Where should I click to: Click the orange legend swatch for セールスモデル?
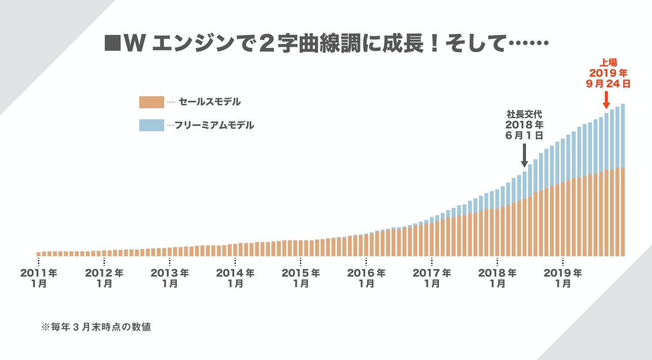tap(151, 102)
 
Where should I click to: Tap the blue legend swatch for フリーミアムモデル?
tap(151, 125)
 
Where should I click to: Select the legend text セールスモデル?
tap(210, 102)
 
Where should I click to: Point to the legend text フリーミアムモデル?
tap(214, 126)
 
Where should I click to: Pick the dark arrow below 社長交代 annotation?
tap(524, 155)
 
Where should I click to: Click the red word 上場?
tap(609, 63)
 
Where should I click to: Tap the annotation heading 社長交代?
tap(524, 114)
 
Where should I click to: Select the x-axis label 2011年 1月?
tap(39, 278)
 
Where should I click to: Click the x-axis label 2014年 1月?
tap(235, 278)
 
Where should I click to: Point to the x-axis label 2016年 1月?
tap(366, 278)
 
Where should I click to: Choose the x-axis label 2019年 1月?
tap(563, 278)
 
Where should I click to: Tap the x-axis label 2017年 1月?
tap(432, 278)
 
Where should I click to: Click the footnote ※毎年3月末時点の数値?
tap(96, 327)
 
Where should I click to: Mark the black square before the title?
tap(113, 44)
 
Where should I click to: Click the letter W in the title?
tap(134, 44)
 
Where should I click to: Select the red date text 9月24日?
tap(608, 84)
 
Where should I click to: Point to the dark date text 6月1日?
tap(524, 135)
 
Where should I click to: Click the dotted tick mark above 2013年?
tap(170, 262)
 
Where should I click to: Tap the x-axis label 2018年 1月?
tap(497, 278)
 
